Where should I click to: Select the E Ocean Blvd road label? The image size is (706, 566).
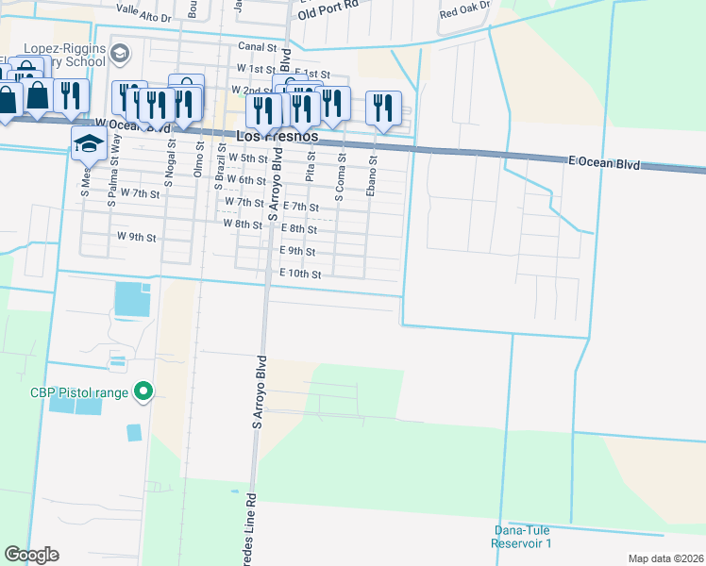point(604,163)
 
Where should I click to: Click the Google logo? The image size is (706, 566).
point(31,555)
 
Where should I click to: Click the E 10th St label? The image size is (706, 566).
point(301,275)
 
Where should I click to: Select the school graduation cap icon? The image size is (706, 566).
point(89,144)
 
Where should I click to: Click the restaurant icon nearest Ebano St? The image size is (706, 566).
point(383,106)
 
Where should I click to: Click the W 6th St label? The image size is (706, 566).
point(248,180)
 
